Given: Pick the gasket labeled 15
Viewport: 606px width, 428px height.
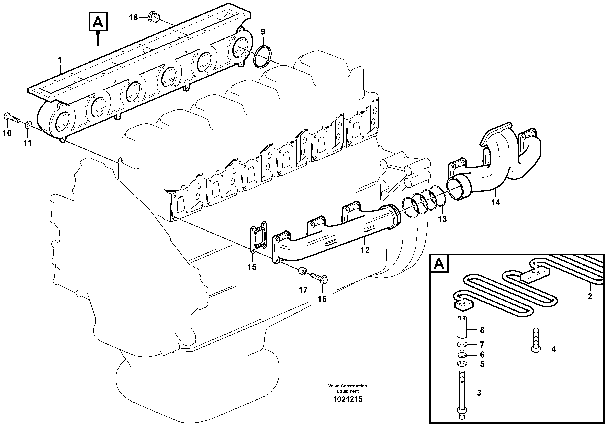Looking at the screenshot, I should click(258, 238).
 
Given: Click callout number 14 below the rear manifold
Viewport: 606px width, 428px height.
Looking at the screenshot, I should click(495, 203).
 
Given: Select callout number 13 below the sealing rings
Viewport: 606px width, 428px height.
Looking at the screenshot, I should click(442, 219).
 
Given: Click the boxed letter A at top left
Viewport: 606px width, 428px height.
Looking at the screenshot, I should click(98, 22).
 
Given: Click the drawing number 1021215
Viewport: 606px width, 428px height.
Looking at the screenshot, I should click(348, 399).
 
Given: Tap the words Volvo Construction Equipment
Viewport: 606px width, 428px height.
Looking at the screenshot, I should click(348, 388).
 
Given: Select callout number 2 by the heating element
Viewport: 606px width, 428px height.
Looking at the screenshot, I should click(590, 296).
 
